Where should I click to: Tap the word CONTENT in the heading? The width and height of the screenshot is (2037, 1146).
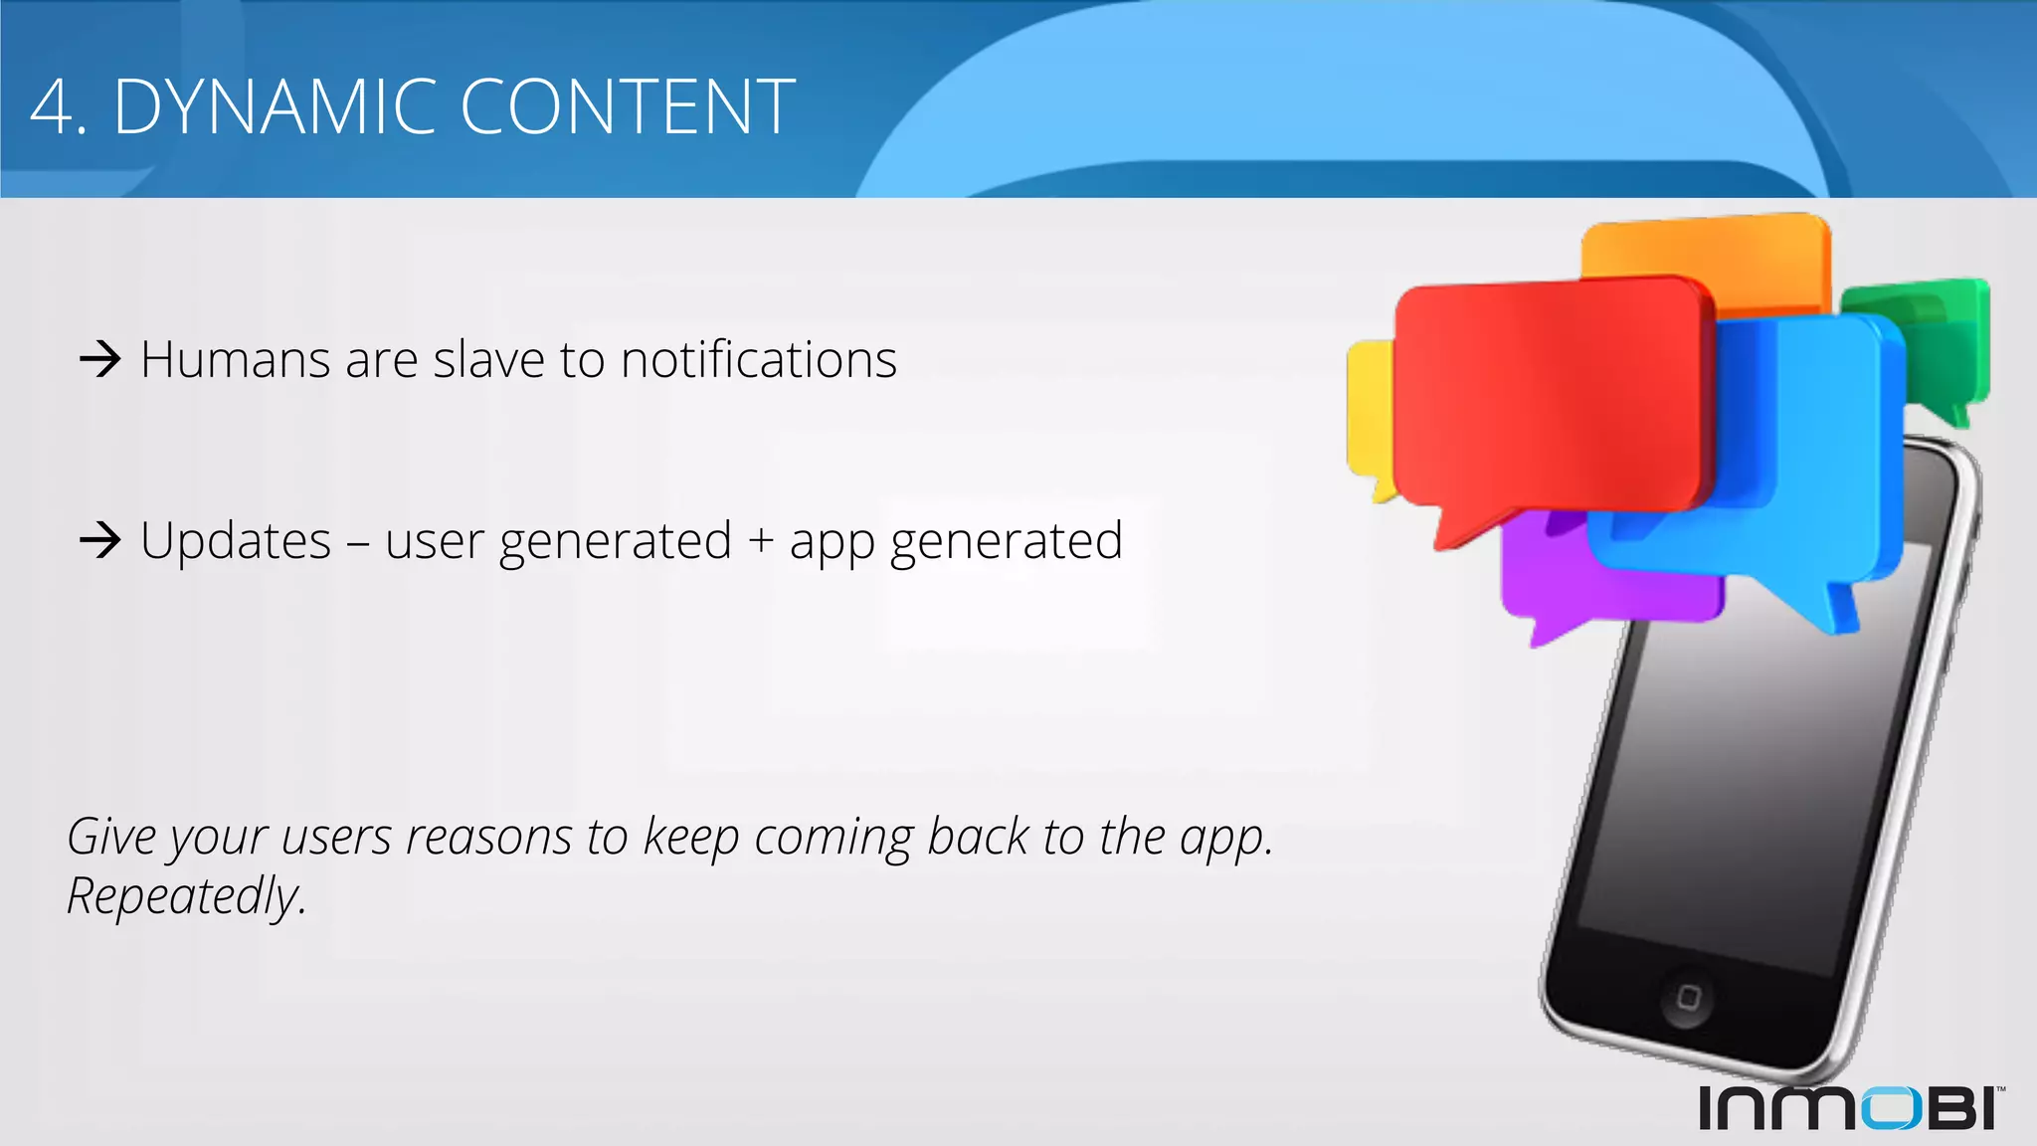tap(627, 106)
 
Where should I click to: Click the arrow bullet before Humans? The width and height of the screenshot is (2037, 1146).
tap(99, 358)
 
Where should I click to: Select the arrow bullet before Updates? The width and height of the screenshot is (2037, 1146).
tap(99, 540)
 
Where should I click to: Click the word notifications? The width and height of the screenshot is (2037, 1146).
tap(758, 358)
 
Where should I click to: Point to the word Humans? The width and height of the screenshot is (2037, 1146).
tap(235, 359)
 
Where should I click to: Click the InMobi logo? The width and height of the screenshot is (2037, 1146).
tap(1850, 1107)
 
